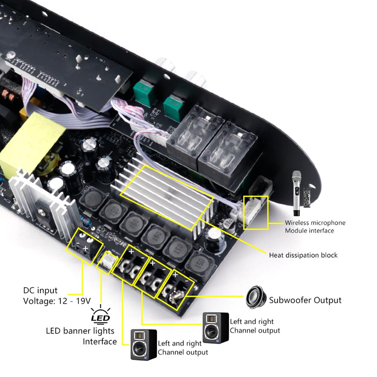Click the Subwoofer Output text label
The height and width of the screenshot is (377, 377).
(305, 300)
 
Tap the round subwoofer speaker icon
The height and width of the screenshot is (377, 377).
(256, 297)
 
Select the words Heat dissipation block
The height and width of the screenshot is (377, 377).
(303, 255)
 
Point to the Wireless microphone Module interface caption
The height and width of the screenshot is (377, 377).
(315, 227)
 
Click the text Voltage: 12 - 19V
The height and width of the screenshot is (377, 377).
(57, 301)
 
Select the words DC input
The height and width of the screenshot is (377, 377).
(40, 290)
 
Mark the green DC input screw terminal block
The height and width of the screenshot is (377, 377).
(84, 245)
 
